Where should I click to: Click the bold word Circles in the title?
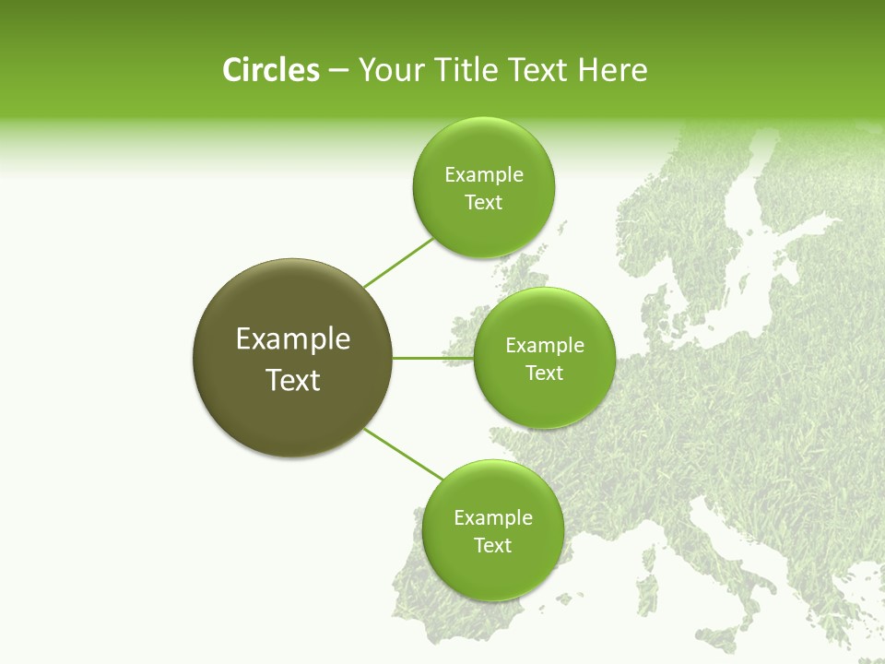[270, 70]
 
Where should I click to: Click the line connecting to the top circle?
[398, 263]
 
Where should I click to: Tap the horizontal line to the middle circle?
[433, 358]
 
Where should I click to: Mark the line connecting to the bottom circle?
[404, 454]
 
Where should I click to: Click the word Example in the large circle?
[292, 339]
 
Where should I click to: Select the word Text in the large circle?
[292, 380]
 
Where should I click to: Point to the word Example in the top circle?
[483, 174]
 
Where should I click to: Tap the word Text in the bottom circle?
[492, 545]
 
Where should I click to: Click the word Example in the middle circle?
[545, 346]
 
